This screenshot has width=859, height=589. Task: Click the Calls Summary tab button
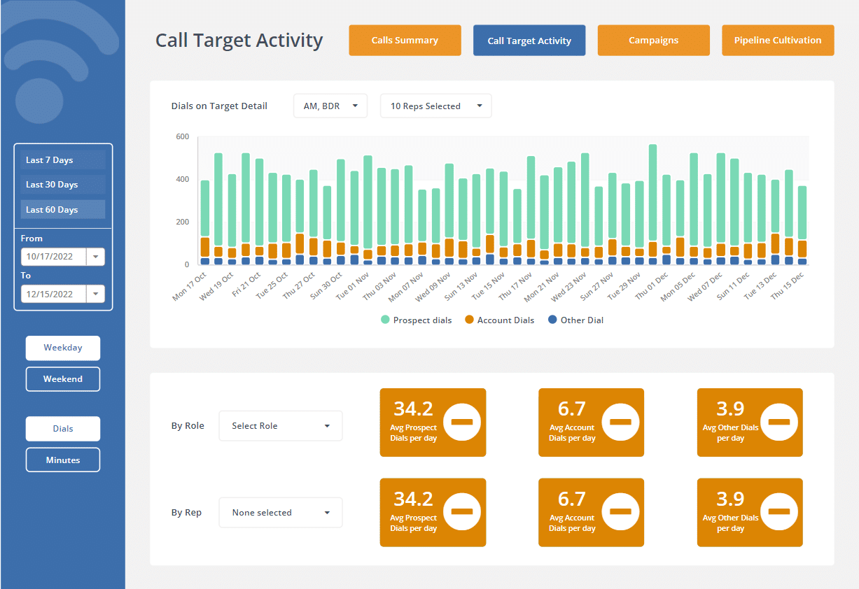405,41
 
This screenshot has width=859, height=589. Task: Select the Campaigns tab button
653,41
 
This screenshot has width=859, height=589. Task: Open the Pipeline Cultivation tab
777,41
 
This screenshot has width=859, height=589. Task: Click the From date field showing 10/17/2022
53,257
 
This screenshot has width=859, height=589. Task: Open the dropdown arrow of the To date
95,294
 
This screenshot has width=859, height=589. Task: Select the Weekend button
63,379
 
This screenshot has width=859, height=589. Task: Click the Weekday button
63,348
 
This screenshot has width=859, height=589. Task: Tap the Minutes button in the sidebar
63,460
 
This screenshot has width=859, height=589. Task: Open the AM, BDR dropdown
330,106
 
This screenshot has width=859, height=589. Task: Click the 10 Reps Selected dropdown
435,106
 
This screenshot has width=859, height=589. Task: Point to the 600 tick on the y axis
182,137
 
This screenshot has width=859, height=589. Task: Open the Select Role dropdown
281,426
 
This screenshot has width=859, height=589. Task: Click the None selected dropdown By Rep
281,513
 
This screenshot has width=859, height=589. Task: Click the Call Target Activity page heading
239,41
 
